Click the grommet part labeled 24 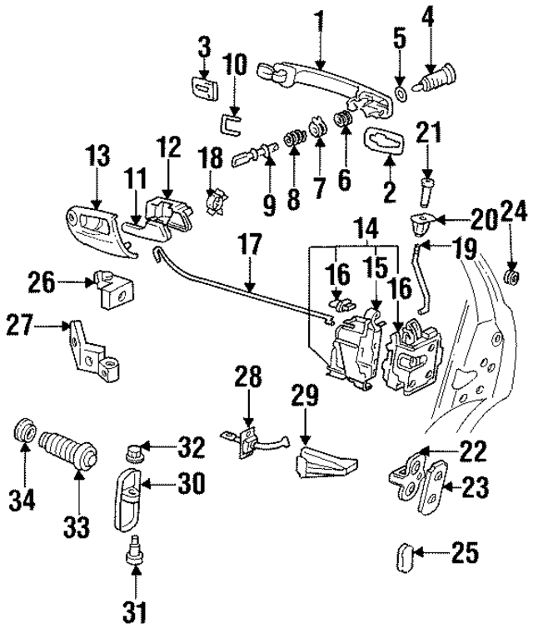[514, 276]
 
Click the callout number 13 [98, 157]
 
